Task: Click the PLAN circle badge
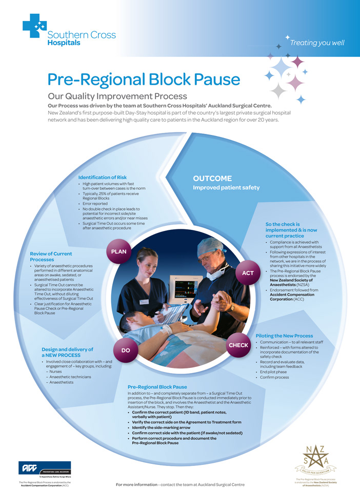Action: pos(119,251)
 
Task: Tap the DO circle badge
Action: pos(125,350)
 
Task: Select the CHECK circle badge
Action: pos(238,345)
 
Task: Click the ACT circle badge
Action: pos(248,273)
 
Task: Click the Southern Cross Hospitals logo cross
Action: pos(34,29)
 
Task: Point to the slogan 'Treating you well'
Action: pos(317,43)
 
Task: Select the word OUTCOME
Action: pos(212,179)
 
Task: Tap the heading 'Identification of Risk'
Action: pos(102,178)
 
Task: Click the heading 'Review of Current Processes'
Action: pos(51,257)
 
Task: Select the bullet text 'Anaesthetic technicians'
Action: pos(71,377)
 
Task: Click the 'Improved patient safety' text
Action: pos(226,188)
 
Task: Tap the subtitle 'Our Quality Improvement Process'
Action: pos(117,96)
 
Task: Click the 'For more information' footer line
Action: pos(180,484)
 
